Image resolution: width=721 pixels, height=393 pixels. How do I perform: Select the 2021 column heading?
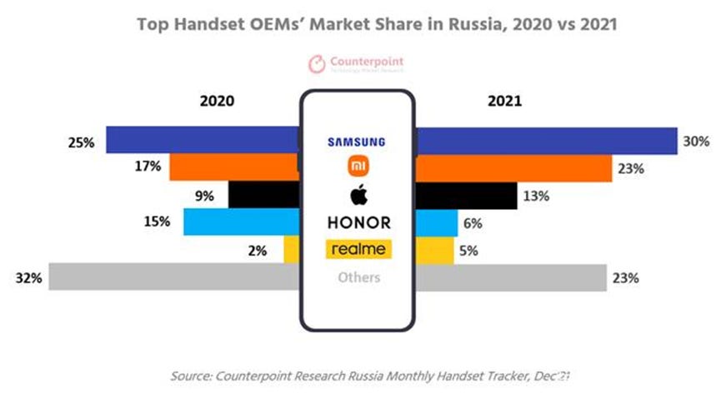click(x=503, y=101)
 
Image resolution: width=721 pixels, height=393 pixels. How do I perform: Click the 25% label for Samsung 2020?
click(x=81, y=142)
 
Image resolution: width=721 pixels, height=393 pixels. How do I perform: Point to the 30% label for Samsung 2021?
click(x=695, y=142)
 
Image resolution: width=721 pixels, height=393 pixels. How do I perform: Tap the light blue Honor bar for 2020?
click(x=241, y=221)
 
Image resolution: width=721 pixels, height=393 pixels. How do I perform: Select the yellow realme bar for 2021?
click(x=434, y=249)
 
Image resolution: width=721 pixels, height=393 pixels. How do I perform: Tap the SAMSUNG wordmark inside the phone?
click(x=358, y=141)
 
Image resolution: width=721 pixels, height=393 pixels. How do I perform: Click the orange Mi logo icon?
click(x=358, y=168)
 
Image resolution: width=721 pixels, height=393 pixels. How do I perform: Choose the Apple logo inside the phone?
click(x=358, y=195)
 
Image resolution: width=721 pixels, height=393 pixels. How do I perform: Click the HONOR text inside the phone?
click(x=358, y=222)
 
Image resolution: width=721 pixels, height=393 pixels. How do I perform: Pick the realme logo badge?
click(x=358, y=249)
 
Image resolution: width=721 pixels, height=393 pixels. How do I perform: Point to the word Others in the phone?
click(x=358, y=276)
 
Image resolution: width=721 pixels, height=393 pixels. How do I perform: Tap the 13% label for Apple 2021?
click(x=536, y=196)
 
